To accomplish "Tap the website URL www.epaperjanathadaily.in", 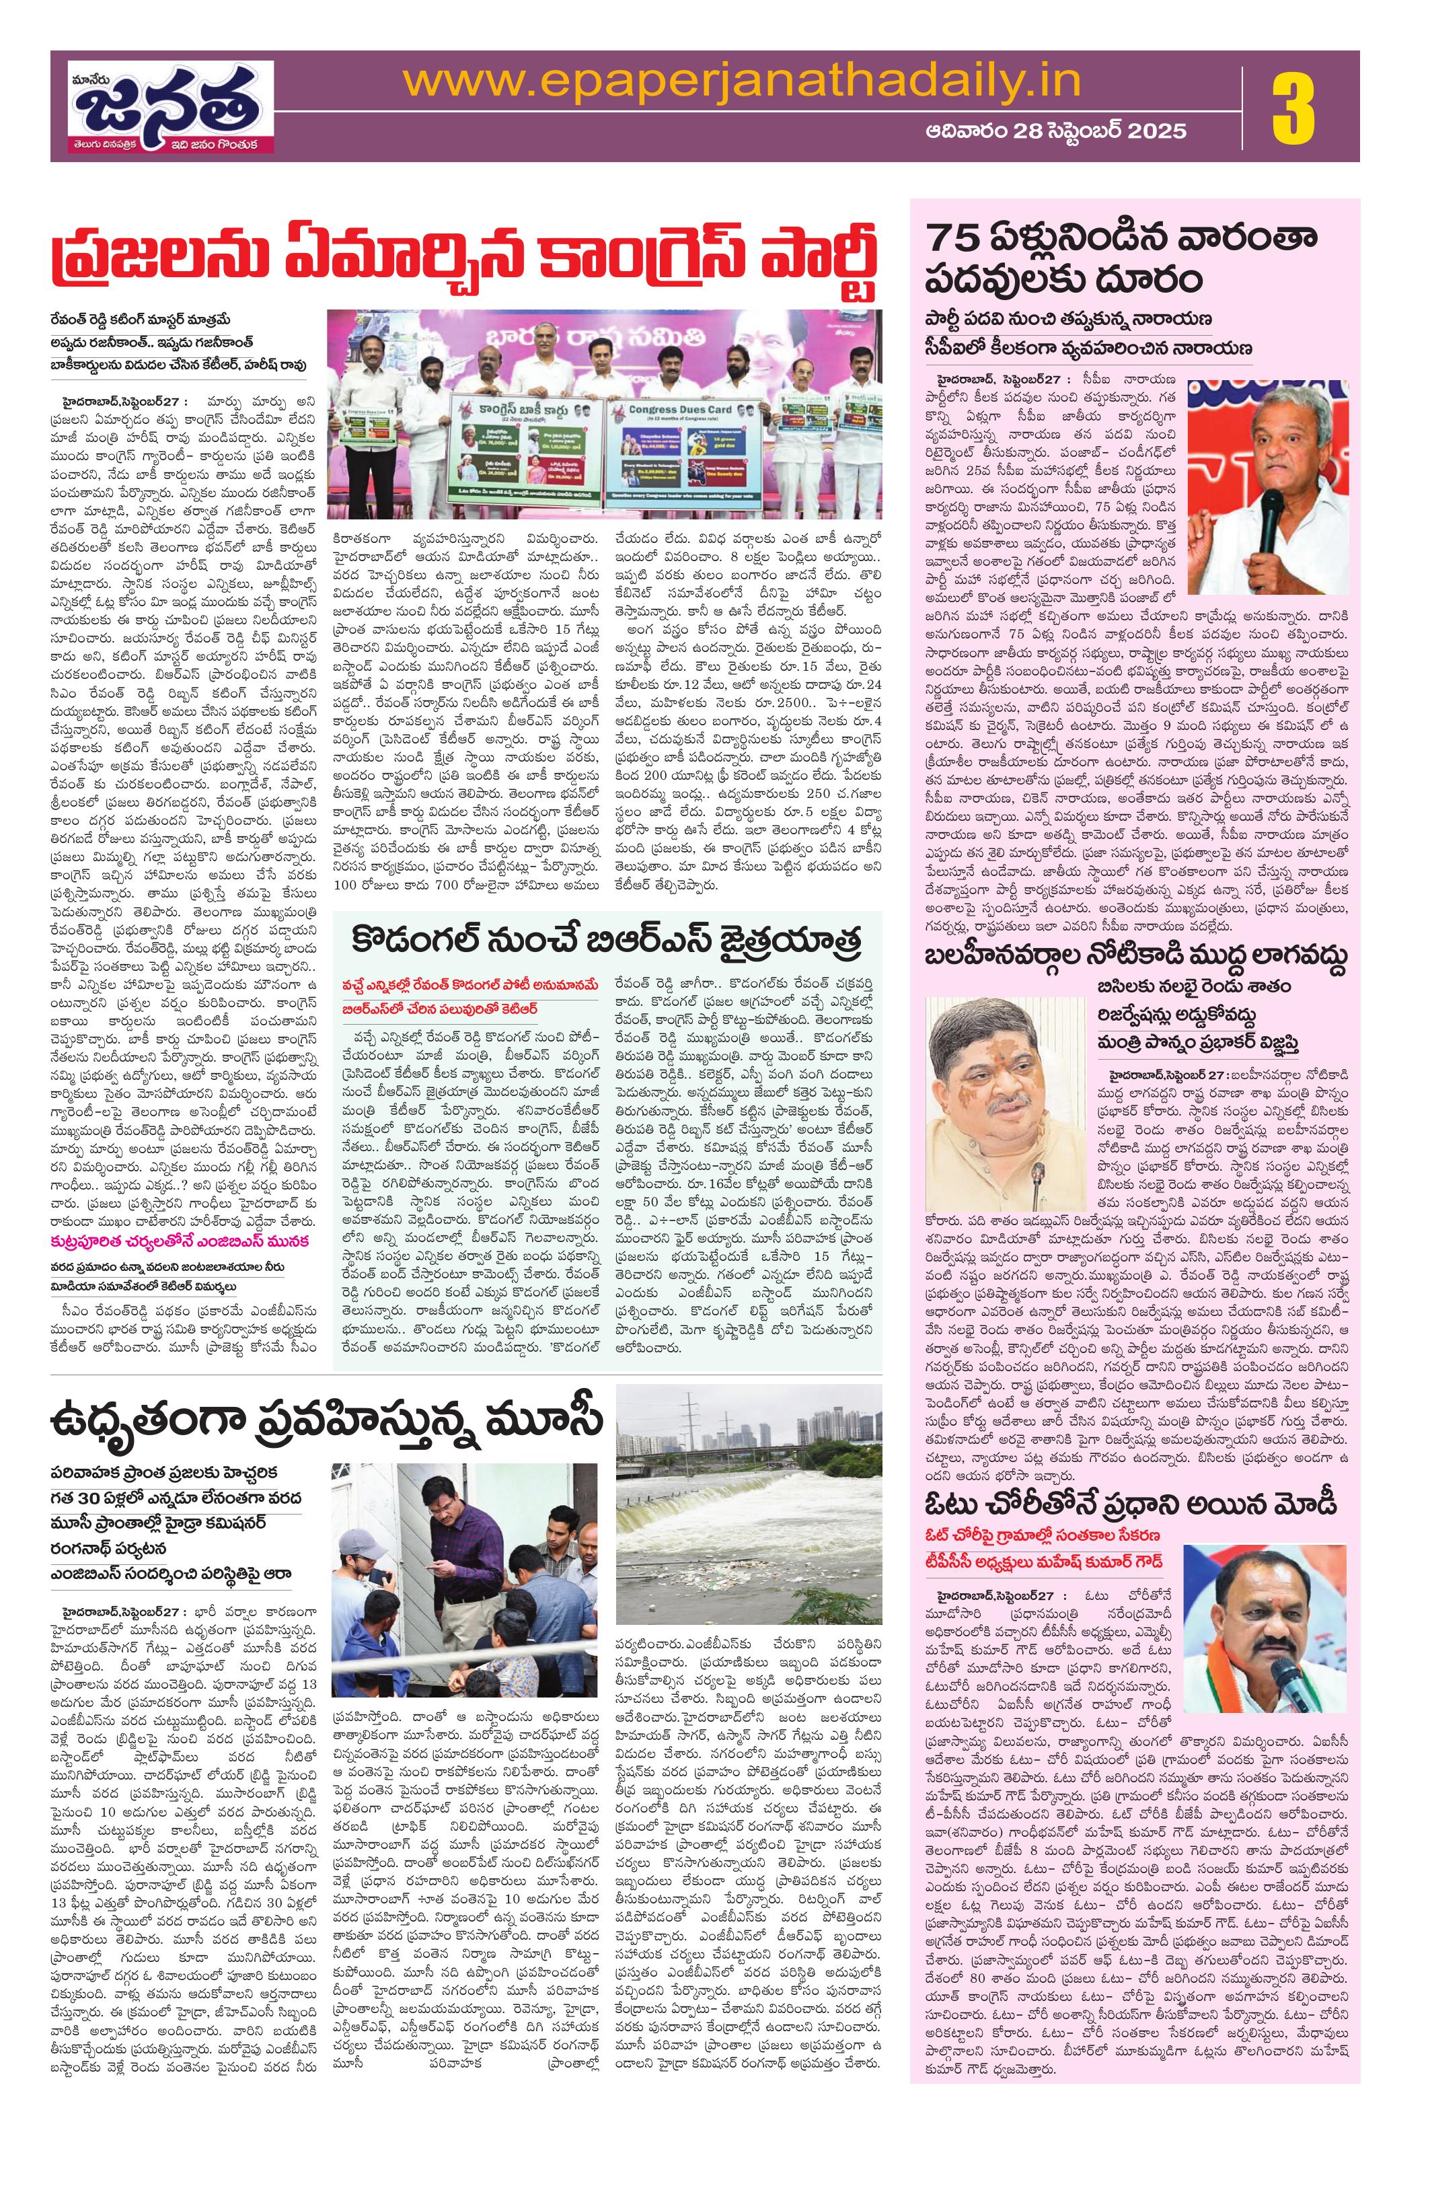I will (x=742, y=80).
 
